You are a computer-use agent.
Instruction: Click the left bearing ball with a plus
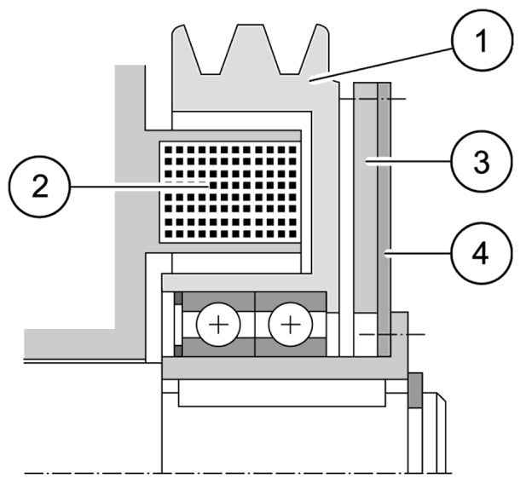tap(215, 325)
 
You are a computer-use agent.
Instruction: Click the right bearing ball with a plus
tap(291, 325)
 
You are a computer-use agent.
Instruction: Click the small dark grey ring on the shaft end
tap(415, 391)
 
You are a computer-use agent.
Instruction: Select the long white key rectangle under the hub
tap(281, 395)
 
